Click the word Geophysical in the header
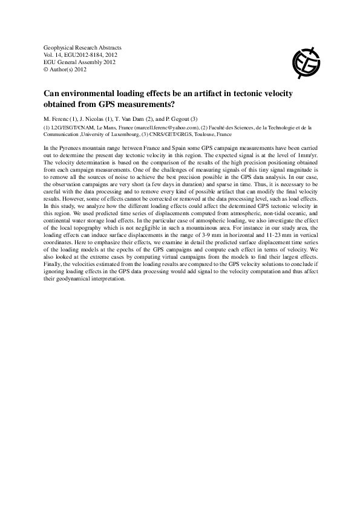[x=59, y=47]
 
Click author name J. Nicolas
[x=93, y=118]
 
